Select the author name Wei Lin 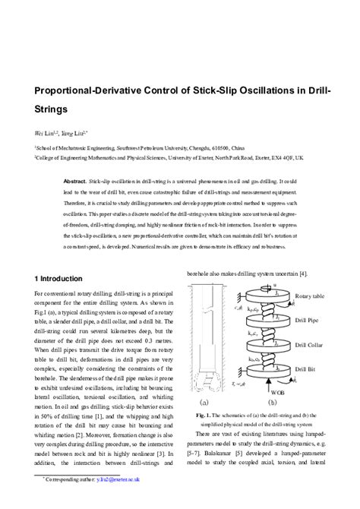tap(46, 131)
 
